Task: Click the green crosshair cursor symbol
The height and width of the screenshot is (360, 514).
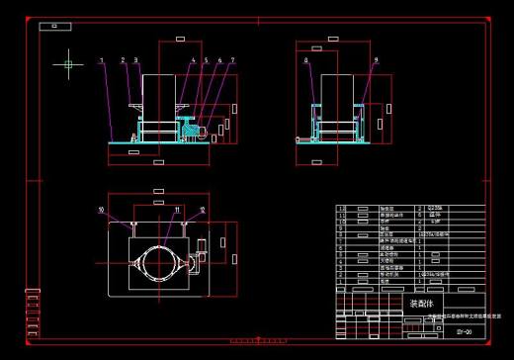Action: coord(68,65)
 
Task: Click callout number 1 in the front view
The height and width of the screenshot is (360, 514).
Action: coord(102,61)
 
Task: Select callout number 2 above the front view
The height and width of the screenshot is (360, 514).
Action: coord(124,61)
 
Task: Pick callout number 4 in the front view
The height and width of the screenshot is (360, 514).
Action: coord(193,61)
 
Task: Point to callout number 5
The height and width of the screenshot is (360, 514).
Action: coord(206,61)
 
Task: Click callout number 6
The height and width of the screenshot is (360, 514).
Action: coord(217,61)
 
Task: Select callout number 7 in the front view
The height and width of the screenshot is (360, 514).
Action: coord(231,61)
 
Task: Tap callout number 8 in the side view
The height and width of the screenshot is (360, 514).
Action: coord(306,61)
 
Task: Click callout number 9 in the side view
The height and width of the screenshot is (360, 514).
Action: coord(377,61)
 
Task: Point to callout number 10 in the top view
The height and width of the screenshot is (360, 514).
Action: coord(101,210)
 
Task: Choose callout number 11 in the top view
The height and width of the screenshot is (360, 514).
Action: coord(176,210)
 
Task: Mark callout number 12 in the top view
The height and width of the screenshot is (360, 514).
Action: coord(202,210)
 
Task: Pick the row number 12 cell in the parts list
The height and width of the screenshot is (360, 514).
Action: coord(343,209)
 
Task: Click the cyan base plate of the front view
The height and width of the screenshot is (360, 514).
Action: coord(158,144)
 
